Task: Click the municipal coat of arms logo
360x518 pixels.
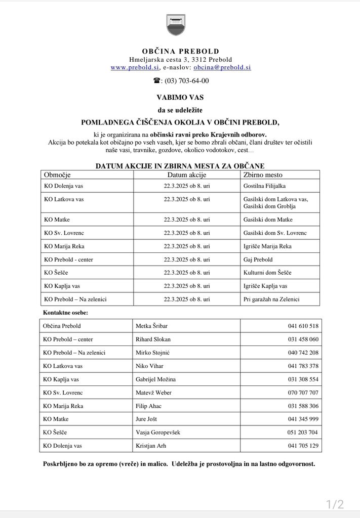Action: (176, 25)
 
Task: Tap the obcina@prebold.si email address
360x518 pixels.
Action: (222, 67)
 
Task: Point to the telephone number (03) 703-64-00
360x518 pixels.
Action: (184, 81)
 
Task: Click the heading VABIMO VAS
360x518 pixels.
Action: (180, 97)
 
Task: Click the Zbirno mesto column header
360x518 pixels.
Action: (263, 175)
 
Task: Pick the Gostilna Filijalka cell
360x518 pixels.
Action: (264, 186)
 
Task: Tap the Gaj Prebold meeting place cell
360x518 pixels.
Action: (258, 260)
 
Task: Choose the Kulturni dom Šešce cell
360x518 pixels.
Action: (267, 273)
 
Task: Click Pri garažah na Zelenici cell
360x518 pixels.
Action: (271, 299)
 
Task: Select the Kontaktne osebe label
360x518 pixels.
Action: (65, 313)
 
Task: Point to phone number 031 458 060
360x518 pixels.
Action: (303, 339)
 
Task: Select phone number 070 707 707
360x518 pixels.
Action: (303, 393)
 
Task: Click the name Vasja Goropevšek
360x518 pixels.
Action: (158, 433)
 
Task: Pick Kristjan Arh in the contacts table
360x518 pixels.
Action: (151, 446)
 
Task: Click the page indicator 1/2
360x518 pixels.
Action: (335, 504)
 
